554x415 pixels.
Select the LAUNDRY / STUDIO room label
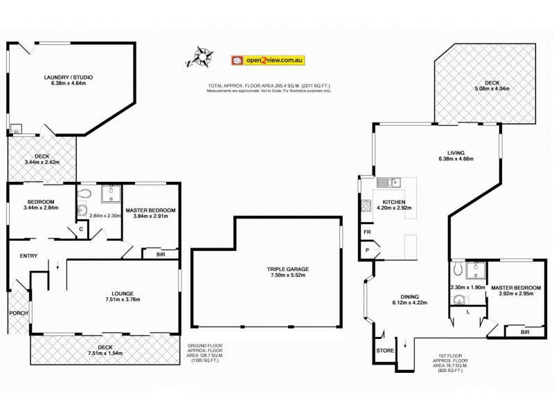[x=69, y=77]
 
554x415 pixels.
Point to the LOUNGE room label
[x=105, y=293]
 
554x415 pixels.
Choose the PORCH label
[x=17, y=313]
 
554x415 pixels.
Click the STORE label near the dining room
[x=386, y=351]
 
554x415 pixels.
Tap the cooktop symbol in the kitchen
[x=366, y=205]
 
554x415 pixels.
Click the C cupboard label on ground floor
[x=82, y=229]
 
